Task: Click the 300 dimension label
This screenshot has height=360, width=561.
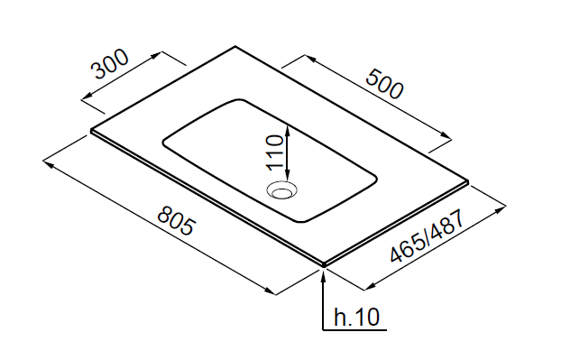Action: (x=110, y=64)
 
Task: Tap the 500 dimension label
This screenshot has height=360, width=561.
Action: (x=384, y=85)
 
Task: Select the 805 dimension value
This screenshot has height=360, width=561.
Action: (x=177, y=220)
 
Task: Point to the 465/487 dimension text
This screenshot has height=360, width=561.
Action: (x=428, y=235)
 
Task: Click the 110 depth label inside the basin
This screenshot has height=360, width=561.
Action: (x=275, y=152)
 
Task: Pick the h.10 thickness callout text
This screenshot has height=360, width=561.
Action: (x=356, y=317)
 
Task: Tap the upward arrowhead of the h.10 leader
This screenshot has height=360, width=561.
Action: (x=323, y=274)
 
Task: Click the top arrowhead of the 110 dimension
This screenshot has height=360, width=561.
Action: (x=288, y=129)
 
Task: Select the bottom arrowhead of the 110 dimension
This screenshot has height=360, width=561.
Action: (x=288, y=175)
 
